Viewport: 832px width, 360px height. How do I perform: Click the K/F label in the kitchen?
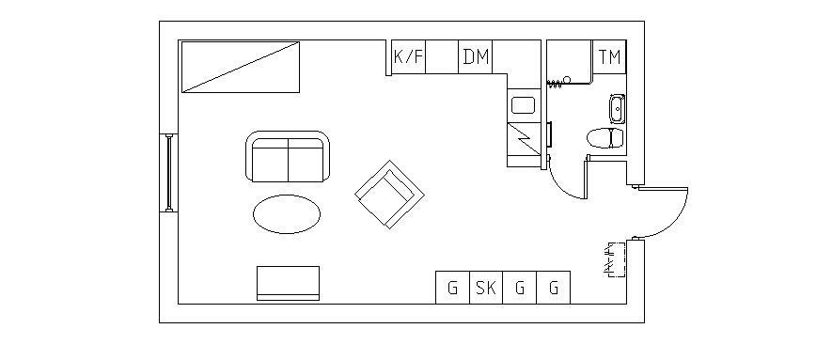pyautogui.click(x=409, y=56)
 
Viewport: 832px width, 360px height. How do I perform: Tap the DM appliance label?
pyautogui.click(x=476, y=56)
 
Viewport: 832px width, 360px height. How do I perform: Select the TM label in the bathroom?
pyautogui.click(x=610, y=56)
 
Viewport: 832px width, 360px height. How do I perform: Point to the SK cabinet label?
pyautogui.click(x=485, y=288)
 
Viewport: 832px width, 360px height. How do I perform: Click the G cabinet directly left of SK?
pyautogui.click(x=452, y=288)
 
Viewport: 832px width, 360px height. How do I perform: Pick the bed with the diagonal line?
pyautogui.click(x=241, y=67)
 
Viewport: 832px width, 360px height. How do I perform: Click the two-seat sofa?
pyautogui.click(x=288, y=156)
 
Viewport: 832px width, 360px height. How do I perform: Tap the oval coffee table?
pyautogui.click(x=287, y=214)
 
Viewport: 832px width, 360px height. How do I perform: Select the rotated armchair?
pyautogui.click(x=389, y=195)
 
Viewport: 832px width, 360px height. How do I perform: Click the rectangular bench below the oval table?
pyautogui.click(x=288, y=283)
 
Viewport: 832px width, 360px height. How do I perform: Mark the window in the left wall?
pyautogui.click(x=168, y=173)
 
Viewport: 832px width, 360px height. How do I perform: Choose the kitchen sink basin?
pyautogui.click(x=524, y=105)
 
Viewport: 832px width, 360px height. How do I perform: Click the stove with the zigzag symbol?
pyautogui.click(x=524, y=139)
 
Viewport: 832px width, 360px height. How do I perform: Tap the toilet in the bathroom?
pyautogui.click(x=605, y=138)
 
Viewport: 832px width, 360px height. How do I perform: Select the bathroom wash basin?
pyautogui.click(x=617, y=109)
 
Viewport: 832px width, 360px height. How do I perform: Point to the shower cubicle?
pyautogui.click(x=570, y=62)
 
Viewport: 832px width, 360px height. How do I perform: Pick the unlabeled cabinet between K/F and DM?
pyautogui.click(x=443, y=56)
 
